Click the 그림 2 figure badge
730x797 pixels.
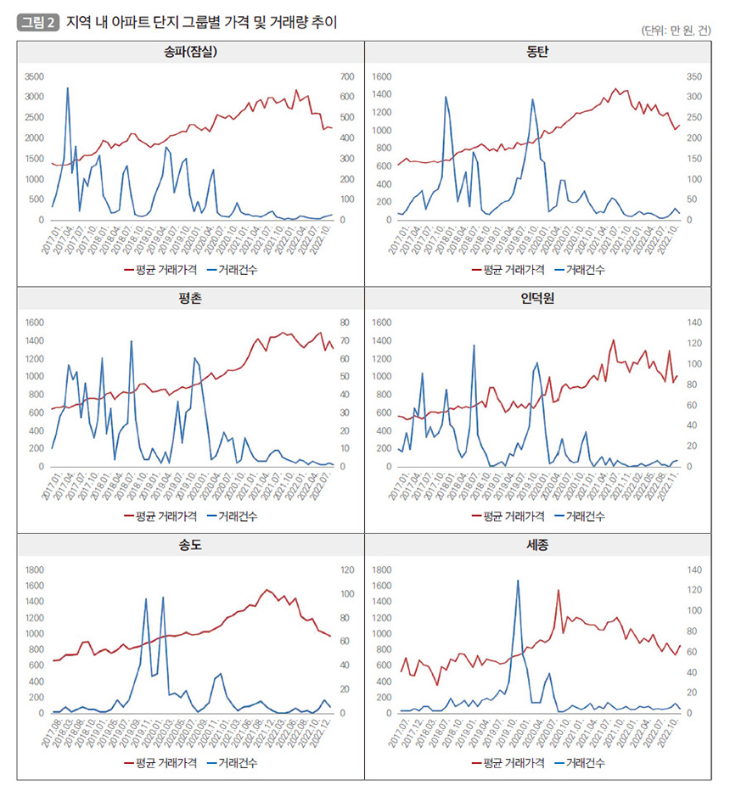click(38, 23)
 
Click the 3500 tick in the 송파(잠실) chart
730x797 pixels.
click(34, 76)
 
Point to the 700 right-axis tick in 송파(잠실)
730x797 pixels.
click(346, 76)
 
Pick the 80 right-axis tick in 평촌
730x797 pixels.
click(345, 323)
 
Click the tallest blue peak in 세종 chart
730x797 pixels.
click(518, 581)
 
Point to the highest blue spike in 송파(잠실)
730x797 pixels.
click(68, 88)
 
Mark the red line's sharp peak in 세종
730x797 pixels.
click(559, 590)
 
